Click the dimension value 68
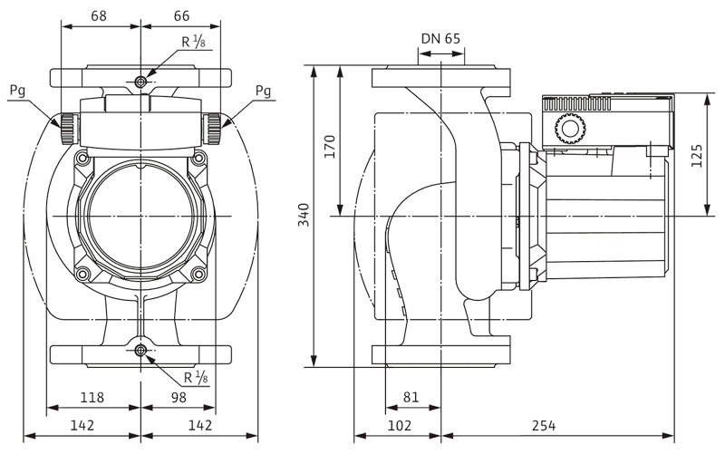pyautogui.click(x=101, y=16)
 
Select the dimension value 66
pyautogui.click(x=181, y=16)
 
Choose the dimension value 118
pyautogui.click(x=93, y=397)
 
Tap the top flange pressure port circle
pyautogui.click(x=140, y=83)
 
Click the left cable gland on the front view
pyautogui.click(x=68, y=128)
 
